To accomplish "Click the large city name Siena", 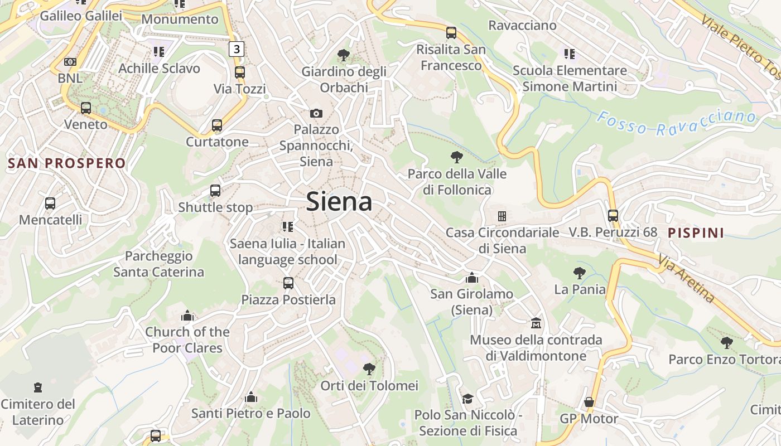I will [339, 201].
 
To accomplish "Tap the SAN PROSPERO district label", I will [67, 163].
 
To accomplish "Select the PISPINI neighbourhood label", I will [696, 232].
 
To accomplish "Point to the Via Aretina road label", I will [686, 278].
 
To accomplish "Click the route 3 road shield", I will [237, 49].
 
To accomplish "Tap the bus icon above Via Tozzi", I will [240, 72].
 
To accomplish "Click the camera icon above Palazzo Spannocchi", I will [316, 113].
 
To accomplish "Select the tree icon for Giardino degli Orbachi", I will [344, 55].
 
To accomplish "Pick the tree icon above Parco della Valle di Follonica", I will [457, 157].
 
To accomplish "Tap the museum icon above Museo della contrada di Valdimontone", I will [536, 323].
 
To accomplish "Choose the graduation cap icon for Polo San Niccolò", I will [467, 399].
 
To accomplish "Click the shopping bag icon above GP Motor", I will [589, 402].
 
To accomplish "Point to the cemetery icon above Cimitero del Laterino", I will [38, 387].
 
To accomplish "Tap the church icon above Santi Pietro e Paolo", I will [251, 397].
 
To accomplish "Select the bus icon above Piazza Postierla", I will [288, 283].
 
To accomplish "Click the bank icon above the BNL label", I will [70, 62].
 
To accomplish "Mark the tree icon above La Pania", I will [580, 273].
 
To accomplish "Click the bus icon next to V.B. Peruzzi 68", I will [613, 215].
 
